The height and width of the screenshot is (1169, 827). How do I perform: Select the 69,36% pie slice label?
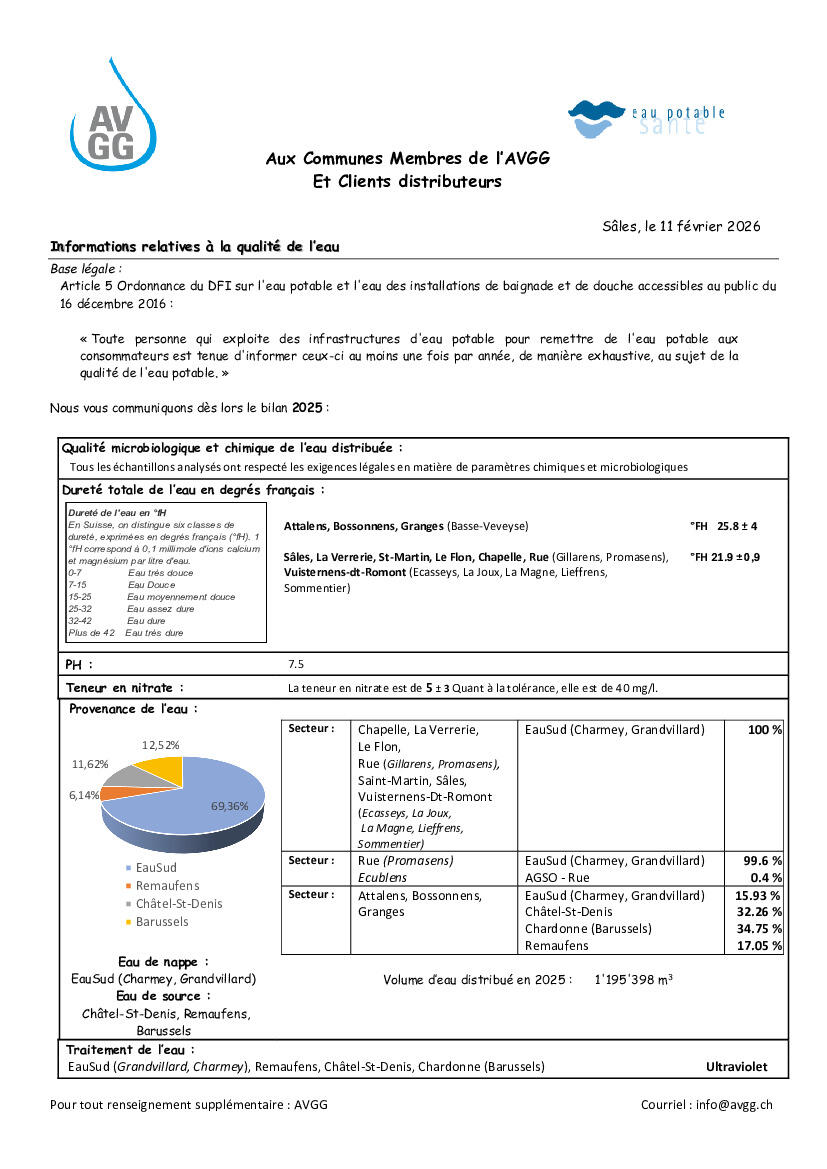point(230,806)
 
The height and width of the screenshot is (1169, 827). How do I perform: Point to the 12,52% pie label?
point(161,745)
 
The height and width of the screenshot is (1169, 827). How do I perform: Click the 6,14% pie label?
point(85,794)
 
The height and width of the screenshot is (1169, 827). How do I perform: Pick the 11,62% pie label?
point(91,764)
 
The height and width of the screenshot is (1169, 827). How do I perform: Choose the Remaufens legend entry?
point(167,886)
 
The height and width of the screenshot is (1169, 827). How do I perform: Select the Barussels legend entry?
point(162,921)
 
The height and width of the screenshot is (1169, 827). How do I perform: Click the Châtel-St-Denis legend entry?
point(179,904)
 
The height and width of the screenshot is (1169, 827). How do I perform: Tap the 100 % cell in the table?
point(764,730)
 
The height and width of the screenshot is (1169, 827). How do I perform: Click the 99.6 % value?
point(762,860)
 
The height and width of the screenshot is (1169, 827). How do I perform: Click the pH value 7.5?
point(296,663)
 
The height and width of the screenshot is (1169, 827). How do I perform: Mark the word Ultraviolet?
point(736,1067)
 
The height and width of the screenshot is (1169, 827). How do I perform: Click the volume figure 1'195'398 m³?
point(633,980)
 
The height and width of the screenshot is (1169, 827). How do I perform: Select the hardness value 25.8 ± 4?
point(737,526)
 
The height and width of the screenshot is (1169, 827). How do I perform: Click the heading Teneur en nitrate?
point(125,688)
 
